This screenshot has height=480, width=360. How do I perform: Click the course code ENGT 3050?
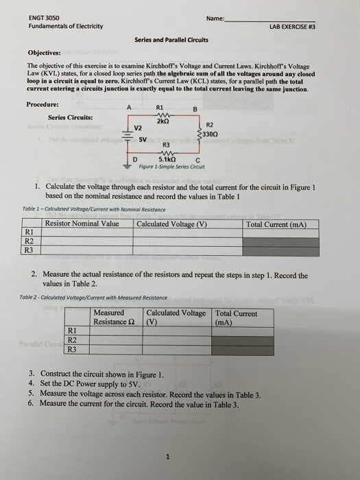[26, 17]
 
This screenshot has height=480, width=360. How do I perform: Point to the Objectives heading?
[45, 52]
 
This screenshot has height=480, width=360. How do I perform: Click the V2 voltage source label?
[138, 128]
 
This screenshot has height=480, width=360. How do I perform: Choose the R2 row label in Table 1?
[29, 241]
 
